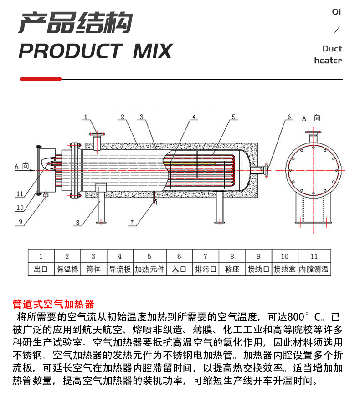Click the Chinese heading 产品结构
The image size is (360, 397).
coord(75,23)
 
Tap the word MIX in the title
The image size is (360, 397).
coord(152,51)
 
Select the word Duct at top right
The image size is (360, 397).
coord(332,49)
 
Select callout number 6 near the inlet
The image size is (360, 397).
coord(288,117)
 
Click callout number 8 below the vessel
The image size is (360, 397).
coord(78,223)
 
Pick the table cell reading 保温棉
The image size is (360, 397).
coord(67,269)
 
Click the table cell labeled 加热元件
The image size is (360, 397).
coord(149,269)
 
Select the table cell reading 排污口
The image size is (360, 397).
coord(205,269)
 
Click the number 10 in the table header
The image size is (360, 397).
coord(284,257)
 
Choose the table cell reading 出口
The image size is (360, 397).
coord(41,269)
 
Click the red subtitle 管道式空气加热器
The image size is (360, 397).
coord(53,304)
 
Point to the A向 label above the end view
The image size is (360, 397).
coord(312,118)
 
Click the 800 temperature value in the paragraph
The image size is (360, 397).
coord(296,316)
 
